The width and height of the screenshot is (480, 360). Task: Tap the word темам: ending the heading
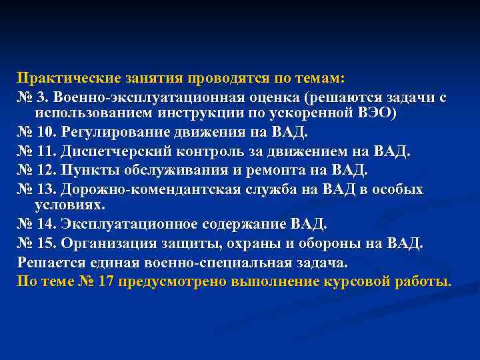point(318,79)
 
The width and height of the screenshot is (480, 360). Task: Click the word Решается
point(51,262)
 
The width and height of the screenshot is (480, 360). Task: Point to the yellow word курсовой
point(361,281)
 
